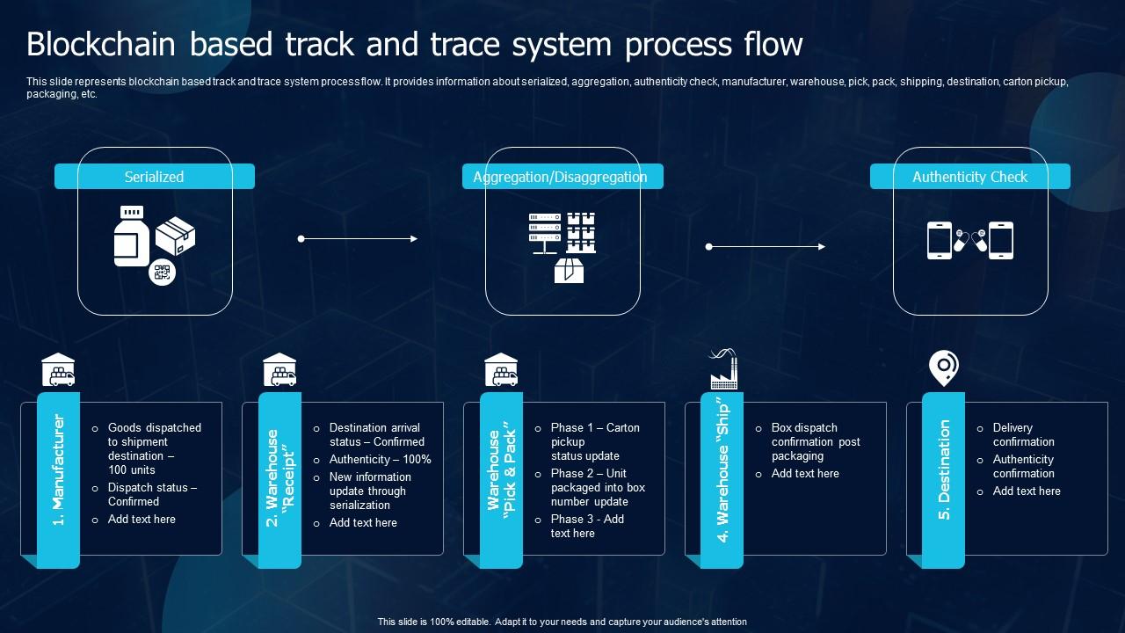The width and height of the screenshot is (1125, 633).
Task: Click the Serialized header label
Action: tap(154, 177)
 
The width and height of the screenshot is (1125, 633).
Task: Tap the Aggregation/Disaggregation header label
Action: tap(560, 177)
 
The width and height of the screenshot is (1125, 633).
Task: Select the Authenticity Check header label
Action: tap(969, 177)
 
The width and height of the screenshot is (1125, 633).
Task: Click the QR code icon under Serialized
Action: tap(162, 272)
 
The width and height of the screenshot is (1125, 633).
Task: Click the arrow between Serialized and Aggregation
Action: tap(358, 238)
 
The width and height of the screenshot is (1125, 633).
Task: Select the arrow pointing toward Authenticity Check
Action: tap(766, 247)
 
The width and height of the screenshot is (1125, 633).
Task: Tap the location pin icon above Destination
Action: tap(943, 367)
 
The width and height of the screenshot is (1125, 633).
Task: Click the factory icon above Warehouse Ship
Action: tap(722, 369)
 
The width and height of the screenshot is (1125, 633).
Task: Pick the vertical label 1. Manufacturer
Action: tap(59, 470)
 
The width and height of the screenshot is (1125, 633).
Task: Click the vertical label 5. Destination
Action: tap(944, 470)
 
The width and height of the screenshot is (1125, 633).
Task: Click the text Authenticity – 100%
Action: tap(380, 460)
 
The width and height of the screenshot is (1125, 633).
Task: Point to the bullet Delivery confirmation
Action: tap(1023, 434)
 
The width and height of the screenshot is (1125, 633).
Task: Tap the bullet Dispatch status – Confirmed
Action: tap(152, 494)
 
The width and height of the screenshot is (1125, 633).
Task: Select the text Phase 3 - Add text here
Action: tap(587, 526)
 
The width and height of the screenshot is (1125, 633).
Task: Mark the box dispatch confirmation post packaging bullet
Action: tap(815, 441)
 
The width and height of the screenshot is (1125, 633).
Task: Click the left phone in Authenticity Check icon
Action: tap(940, 240)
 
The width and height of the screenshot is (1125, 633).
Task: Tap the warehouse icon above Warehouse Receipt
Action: tap(279, 370)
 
